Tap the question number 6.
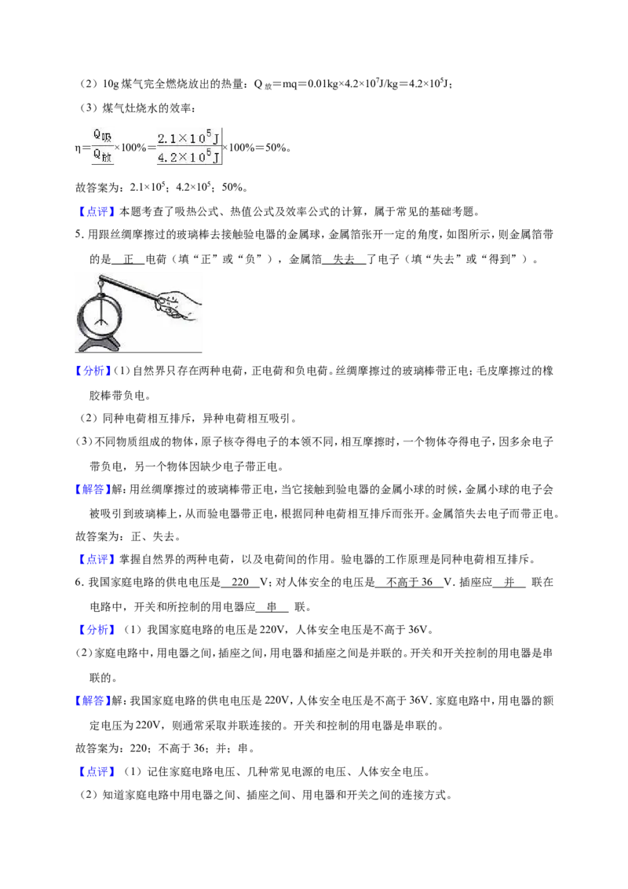coord(78,582)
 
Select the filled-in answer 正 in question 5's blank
coord(128,259)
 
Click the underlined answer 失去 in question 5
coord(344,259)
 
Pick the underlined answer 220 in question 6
coord(240,582)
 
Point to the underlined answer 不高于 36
coord(409,582)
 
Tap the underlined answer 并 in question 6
coord(509,582)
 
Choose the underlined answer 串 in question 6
coord(272,606)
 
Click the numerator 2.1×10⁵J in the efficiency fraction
coord(188,138)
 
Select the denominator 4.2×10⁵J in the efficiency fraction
coord(188,157)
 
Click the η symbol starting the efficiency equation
coord(78,148)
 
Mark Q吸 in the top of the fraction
coord(102,136)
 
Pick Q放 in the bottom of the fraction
coord(102,155)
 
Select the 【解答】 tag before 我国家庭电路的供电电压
coord(93,701)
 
